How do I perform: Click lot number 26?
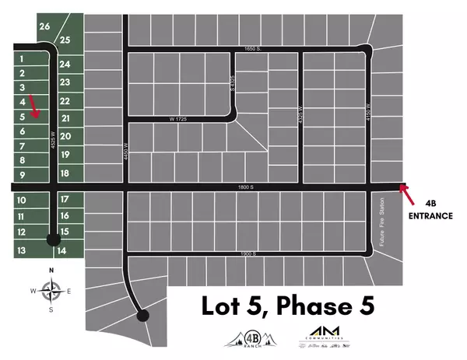tap(44, 26)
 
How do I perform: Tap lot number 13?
tap(23, 250)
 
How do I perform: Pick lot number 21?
tap(65, 118)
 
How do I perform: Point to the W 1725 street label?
tap(180, 118)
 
